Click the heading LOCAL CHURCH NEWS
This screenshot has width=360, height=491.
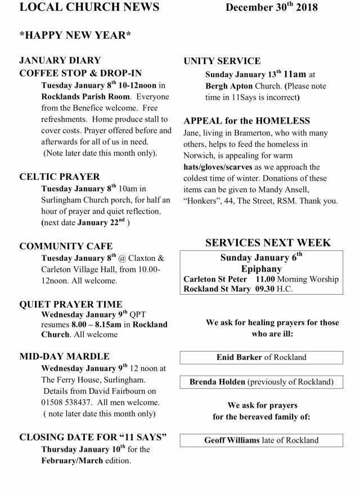tap(89, 7)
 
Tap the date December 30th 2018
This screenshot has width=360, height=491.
tap(272, 7)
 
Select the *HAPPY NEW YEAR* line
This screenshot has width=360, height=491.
tap(75, 36)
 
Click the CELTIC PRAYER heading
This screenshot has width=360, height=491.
tap(60, 177)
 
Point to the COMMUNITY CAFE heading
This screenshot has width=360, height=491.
tap(66, 246)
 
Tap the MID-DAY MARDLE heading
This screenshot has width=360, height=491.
tap(64, 357)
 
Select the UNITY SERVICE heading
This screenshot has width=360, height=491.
tap(222, 61)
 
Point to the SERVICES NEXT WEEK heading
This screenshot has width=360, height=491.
tap(268, 243)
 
